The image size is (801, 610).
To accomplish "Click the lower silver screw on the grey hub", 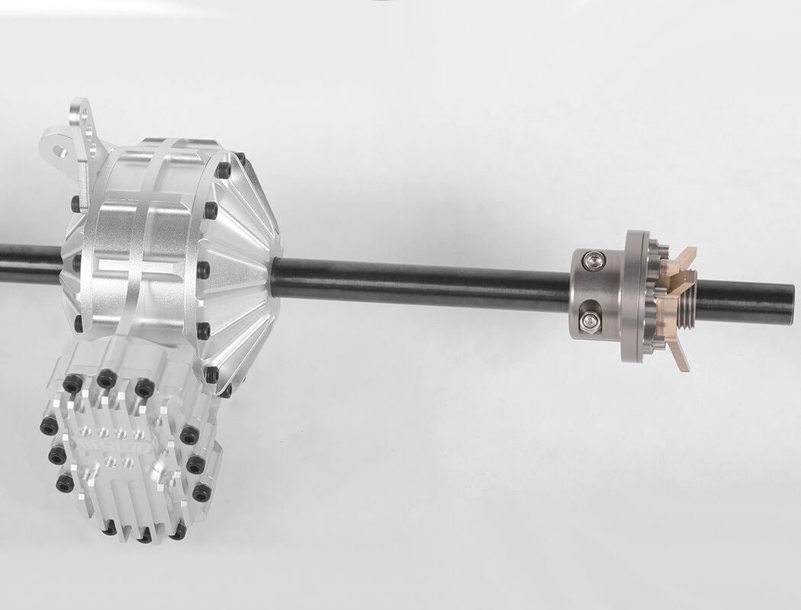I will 589,320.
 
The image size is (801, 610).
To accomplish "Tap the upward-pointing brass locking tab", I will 686,258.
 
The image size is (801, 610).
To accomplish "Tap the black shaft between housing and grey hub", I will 420,284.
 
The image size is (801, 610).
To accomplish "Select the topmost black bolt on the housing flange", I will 224,170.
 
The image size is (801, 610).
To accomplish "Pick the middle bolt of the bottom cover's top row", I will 107,378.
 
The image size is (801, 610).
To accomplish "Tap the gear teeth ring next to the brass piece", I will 655,297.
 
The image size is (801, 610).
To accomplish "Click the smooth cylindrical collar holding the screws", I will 596,292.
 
